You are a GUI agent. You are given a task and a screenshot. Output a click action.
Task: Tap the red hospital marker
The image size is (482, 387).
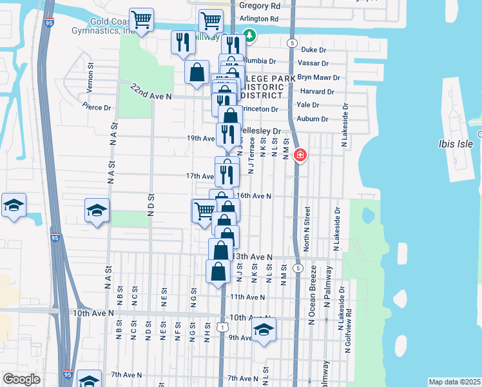[300, 155]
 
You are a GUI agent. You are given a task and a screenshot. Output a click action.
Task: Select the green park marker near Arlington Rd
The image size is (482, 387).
[249, 35]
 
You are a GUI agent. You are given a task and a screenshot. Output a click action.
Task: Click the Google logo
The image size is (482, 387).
[21, 379]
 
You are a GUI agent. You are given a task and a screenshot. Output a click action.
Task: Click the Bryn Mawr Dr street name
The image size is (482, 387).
[318, 77]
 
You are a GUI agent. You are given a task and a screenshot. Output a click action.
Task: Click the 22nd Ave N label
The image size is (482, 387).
[151, 91]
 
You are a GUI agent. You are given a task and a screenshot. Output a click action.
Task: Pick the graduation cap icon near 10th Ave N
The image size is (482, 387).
[264, 330]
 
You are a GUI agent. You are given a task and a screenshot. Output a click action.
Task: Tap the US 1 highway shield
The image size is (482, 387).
[222, 328]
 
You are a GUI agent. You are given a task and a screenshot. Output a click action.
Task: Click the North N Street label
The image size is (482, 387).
[307, 229]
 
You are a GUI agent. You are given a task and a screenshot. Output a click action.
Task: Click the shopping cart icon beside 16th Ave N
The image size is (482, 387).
[204, 210]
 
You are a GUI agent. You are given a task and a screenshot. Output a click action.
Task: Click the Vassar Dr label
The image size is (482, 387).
[314, 63]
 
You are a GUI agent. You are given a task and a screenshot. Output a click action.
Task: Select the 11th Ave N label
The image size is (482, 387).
[247, 297]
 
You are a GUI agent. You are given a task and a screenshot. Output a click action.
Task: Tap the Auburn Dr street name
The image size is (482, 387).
[313, 119]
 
